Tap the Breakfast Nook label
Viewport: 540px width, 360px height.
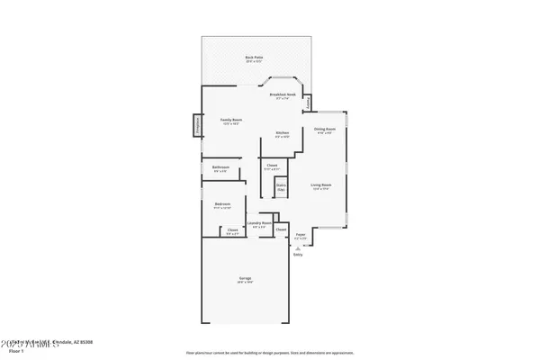pyautogui.click(x=283, y=94)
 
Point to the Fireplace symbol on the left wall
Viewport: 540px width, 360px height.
pyautogui.click(x=197, y=127)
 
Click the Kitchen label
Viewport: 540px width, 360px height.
pyautogui.click(x=282, y=134)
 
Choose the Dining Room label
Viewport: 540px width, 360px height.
pyautogui.click(x=324, y=130)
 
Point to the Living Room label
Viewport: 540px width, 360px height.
pyautogui.click(x=321, y=186)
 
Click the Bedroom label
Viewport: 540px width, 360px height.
pyautogui.click(x=221, y=205)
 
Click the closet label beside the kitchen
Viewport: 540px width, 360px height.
pyautogui.click(x=272, y=166)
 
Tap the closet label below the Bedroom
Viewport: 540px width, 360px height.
pyautogui.click(x=232, y=231)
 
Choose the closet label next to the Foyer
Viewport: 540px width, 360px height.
pyautogui.click(x=281, y=230)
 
